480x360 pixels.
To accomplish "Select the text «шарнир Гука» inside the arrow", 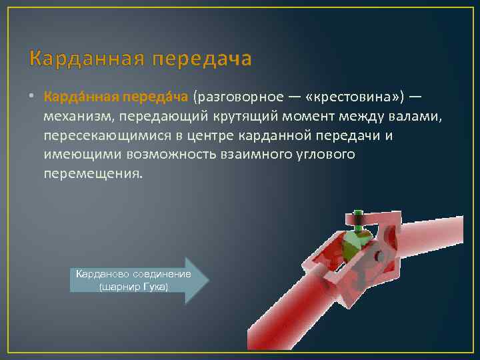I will [x=133, y=287].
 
